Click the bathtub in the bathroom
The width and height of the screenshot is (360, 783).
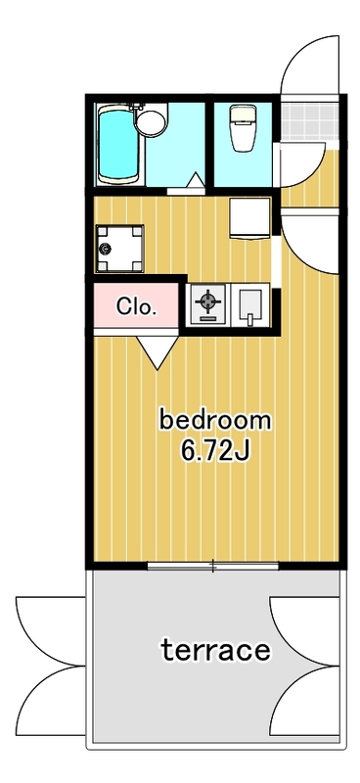tap(118, 145)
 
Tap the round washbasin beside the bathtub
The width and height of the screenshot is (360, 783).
tap(151, 121)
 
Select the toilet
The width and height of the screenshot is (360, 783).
tap(244, 128)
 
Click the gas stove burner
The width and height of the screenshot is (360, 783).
tap(207, 304)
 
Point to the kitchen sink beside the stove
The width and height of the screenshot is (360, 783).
tap(249, 304)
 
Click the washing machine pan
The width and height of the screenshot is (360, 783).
tap(119, 249)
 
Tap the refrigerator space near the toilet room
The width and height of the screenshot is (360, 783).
tap(249, 218)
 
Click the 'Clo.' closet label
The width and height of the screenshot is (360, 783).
tap(137, 306)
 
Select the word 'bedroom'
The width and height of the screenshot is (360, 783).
tap(214, 421)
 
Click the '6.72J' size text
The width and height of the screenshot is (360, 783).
tap(214, 451)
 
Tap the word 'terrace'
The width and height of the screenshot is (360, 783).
tap(215, 650)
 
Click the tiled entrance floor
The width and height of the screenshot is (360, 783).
tap(309, 121)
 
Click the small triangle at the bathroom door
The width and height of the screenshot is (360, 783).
tap(196, 179)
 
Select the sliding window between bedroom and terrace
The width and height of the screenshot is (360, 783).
tap(212, 566)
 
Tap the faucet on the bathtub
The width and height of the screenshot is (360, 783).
tap(136, 108)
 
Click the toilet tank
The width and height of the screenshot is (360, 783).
tap(244, 112)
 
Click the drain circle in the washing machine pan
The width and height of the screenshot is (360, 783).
tap(105, 249)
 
